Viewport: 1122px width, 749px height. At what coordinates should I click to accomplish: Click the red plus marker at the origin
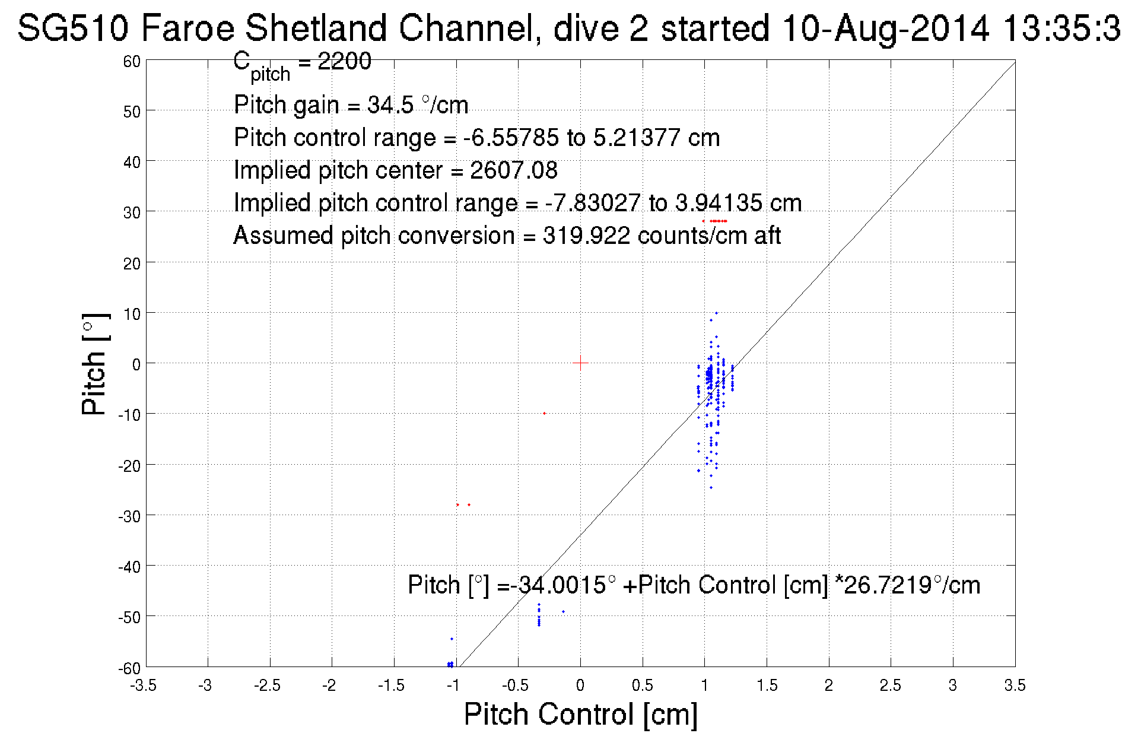click(580, 363)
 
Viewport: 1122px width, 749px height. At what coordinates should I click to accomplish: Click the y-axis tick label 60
click(132, 61)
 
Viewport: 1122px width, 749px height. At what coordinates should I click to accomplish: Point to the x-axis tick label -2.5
click(267, 685)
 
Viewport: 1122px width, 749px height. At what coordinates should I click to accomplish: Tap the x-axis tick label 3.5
click(1015, 685)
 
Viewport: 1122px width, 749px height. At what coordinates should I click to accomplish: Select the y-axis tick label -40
click(129, 567)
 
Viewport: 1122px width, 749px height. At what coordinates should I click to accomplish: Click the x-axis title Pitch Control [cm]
click(580, 714)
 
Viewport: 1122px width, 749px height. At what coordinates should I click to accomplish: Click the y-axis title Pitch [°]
click(95, 364)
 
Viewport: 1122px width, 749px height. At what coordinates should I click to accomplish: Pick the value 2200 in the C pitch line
click(344, 61)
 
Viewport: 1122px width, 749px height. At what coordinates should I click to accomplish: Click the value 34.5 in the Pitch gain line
click(390, 105)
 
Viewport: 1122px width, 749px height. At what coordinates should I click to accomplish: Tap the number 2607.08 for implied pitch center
click(514, 170)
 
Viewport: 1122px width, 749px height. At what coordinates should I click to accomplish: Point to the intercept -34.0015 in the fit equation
click(561, 585)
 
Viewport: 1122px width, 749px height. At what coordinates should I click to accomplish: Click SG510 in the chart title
click(72, 28)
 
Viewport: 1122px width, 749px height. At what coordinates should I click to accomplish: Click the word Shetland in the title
click(317, 28)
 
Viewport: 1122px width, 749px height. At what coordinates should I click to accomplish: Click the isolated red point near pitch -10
click(544, 413)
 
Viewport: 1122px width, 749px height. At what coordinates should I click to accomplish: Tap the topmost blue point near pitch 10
click(716, 313)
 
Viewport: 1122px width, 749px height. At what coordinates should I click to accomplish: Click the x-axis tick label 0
click(580, 685)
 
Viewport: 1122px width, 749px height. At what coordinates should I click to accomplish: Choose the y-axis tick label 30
click(132, 212)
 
